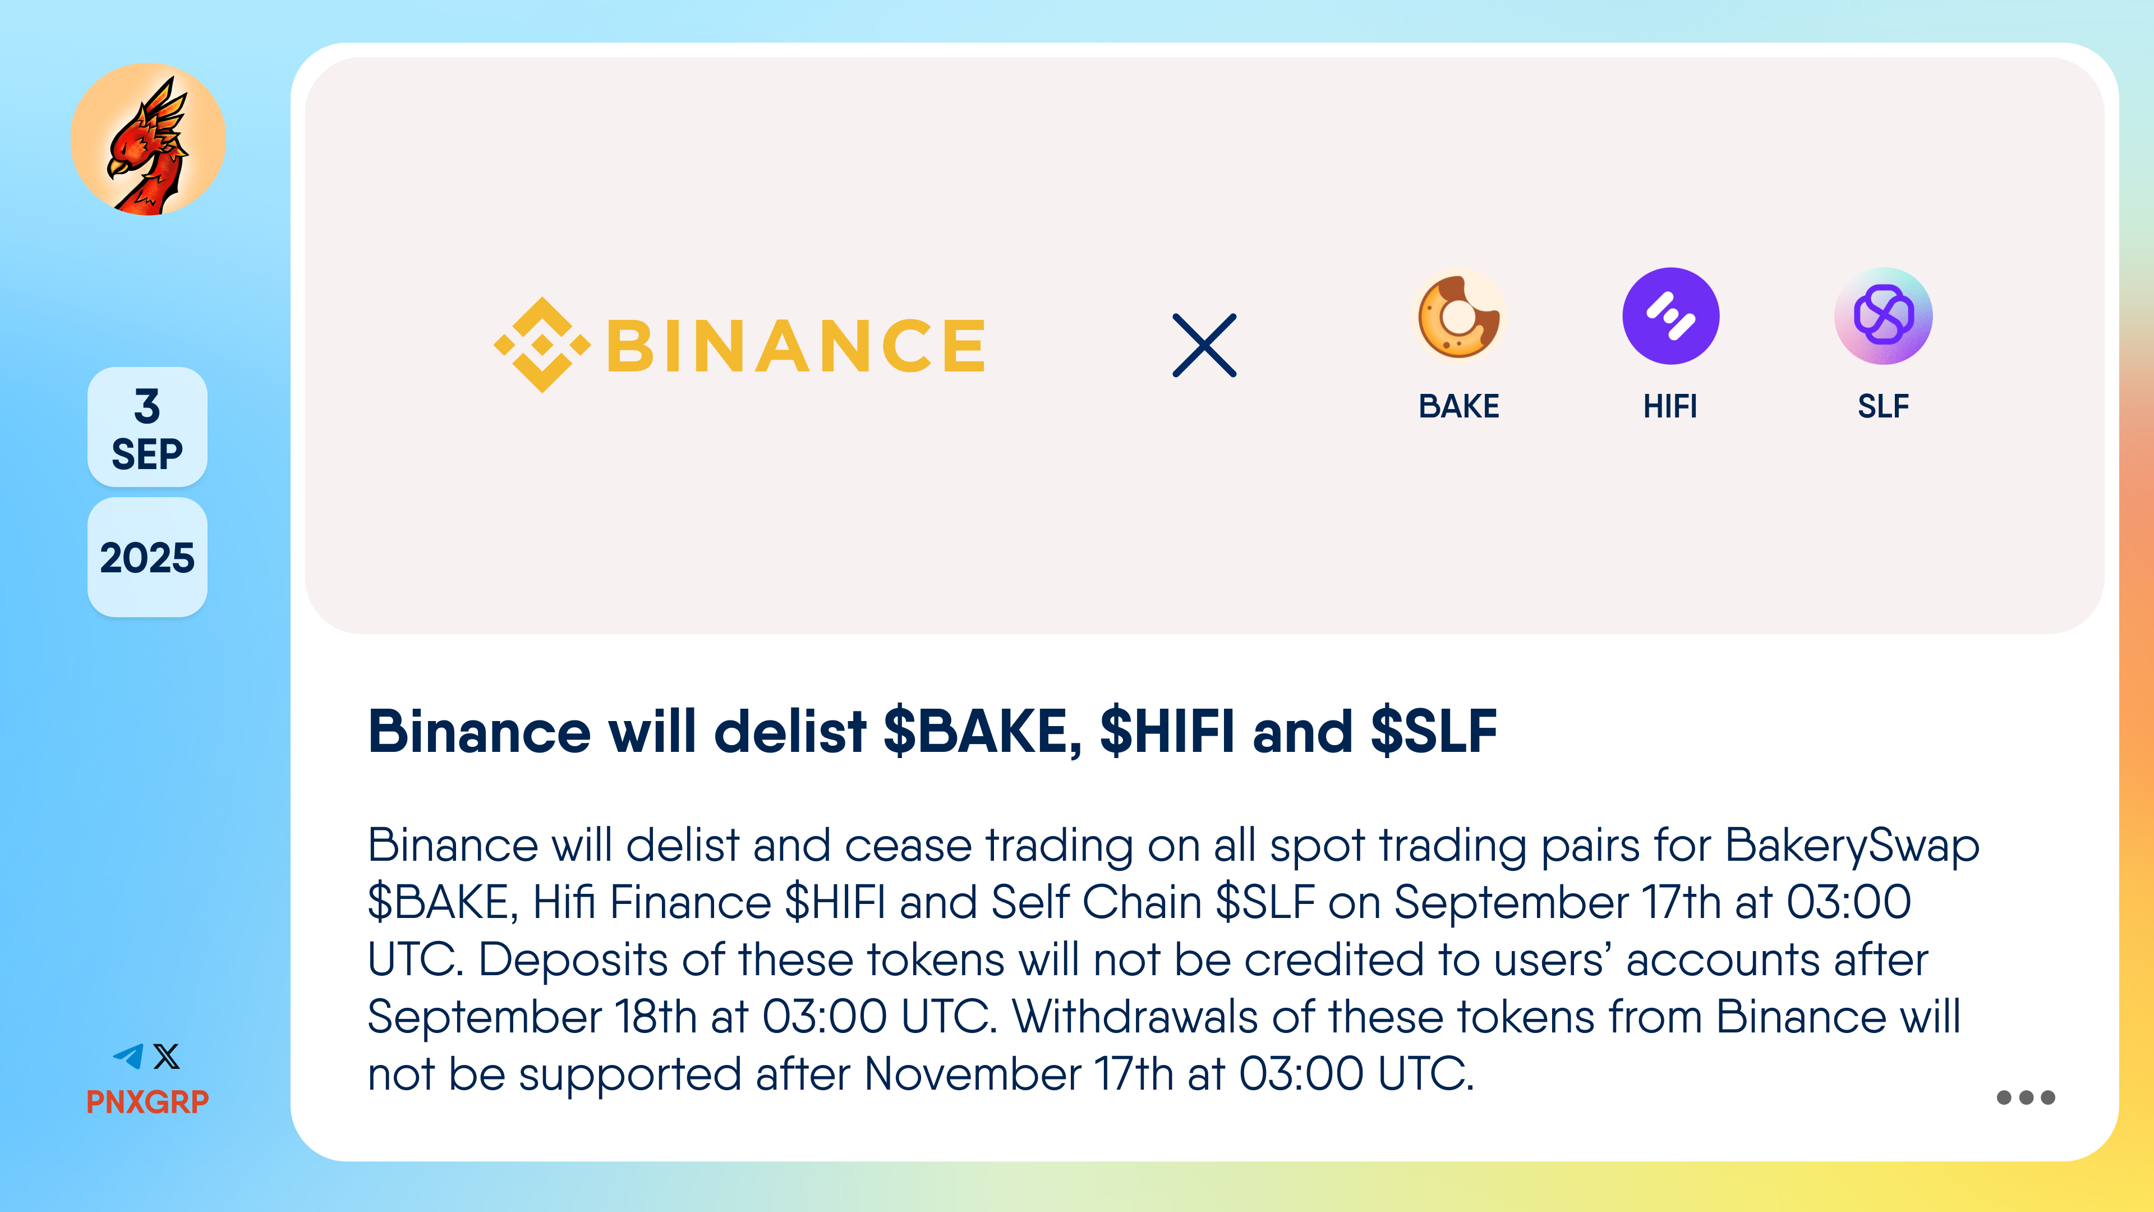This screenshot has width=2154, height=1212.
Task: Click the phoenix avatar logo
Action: [x=148, y=139]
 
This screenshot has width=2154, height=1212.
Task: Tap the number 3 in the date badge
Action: [x=147, y=406]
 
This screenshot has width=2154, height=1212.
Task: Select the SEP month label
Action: [x=147, y=454]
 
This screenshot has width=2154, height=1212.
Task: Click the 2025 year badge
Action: [x=147, y=558]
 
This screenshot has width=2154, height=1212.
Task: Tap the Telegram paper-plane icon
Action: [x=129, y=1057]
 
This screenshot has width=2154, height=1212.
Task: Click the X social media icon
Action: [x=167, y=1057]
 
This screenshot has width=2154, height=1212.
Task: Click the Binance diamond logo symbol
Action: [x=542, y=345]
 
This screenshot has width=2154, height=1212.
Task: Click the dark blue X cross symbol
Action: [x=1204, y=346]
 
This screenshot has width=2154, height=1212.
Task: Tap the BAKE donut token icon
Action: [x=1459, y=316]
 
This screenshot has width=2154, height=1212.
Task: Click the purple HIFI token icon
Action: [x=1670, y=316]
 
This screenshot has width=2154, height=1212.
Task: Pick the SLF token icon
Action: [x=1883, y=316]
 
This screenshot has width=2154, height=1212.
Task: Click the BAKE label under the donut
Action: [x=1459, y=406]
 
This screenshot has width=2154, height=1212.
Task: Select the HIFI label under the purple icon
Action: [x=1670, y=406]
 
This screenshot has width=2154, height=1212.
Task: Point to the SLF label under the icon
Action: [x=1883, y=406]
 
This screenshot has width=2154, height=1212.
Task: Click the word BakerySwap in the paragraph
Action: [x=1852, y=847]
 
